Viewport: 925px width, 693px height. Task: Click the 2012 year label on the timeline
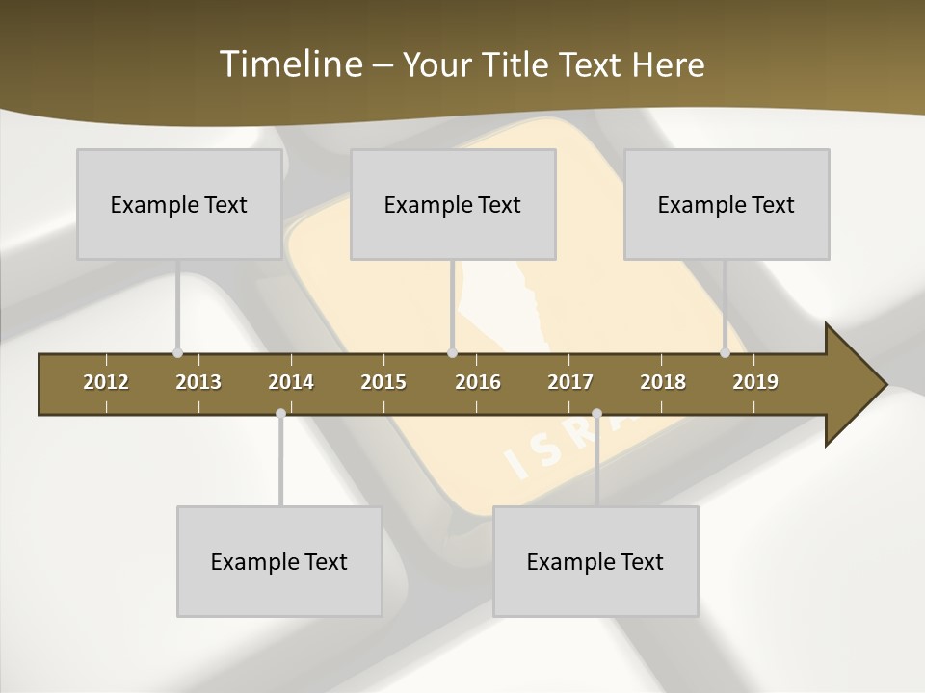point(106,382)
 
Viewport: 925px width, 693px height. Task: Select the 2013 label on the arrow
point(198,382)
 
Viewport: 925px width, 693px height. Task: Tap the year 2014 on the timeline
point(291,382)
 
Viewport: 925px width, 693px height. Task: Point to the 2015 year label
point(383,382)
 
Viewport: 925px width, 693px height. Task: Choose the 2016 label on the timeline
point(478,382)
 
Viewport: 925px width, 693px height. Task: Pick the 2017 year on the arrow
point(570,382)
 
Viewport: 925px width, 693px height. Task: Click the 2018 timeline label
point(663,382)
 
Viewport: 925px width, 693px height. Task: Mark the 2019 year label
point(755,382)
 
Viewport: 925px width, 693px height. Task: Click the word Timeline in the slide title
point(289,64)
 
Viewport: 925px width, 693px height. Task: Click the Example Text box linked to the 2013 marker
point(179,204)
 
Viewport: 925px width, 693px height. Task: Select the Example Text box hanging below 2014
point(279,561)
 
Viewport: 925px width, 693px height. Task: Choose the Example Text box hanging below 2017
point(595,561)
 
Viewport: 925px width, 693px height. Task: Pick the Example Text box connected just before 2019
point(727,204)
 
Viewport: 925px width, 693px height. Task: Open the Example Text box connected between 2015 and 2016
point(453,204)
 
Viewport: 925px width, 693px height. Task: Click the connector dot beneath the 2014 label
point(280,414)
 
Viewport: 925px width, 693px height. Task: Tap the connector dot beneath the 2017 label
point(596,414)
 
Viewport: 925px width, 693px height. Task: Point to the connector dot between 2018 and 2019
point(726,353)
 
